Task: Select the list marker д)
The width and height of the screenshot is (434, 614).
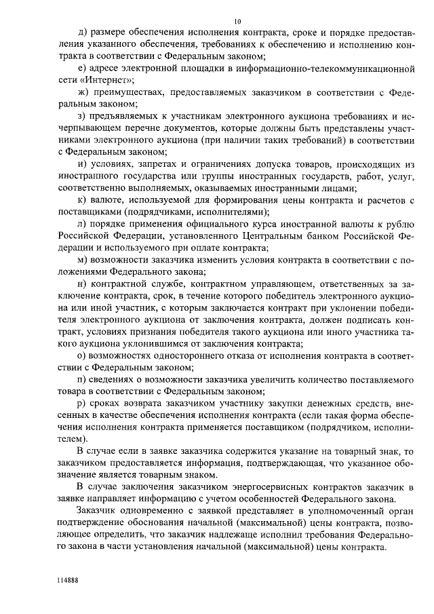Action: [x=82, y=32]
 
